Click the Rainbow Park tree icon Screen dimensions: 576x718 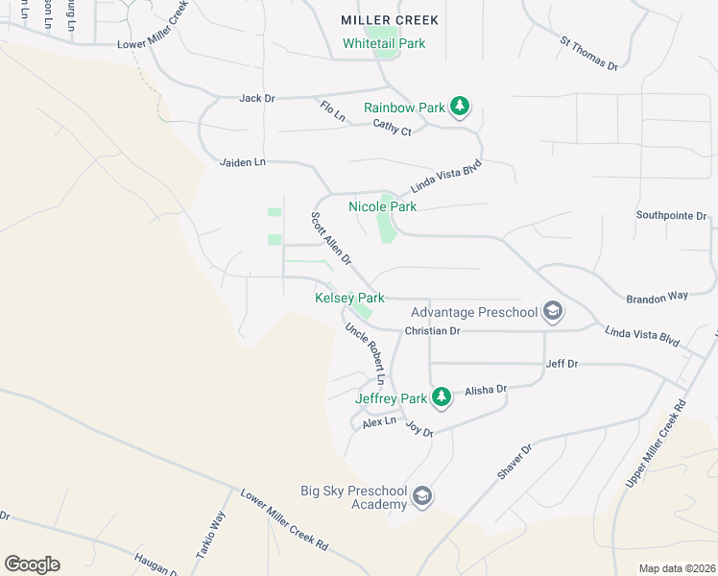(x=460, y=107)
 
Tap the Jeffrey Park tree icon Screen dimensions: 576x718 (x=441, y=396)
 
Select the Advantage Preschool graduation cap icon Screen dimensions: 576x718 (x=552, y=311)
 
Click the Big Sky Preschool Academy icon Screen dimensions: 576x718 (x=421, y=496)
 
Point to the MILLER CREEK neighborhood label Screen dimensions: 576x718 (x=390, y=20)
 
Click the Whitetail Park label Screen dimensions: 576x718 (x=384, y=43)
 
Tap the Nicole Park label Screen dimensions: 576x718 (x=382, y=206)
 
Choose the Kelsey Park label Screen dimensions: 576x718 (x=349, y=299)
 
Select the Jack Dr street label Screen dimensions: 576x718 (x=257, y=98)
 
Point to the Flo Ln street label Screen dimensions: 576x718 (x=332, y=110)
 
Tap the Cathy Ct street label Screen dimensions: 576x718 (x=392, y=128)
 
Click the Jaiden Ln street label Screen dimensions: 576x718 (x=242, y=162)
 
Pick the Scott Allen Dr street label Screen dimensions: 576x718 (x=331, y=239)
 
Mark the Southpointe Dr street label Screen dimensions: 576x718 (x=671, y=216)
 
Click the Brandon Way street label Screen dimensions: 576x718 (x=657, y=297)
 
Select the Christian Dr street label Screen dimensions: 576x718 (x=433, y=330)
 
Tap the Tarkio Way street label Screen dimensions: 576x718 (x=218, y=528)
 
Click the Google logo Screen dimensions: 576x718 (x=32, y=564)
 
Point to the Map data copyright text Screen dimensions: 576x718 (x=676, y=568)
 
